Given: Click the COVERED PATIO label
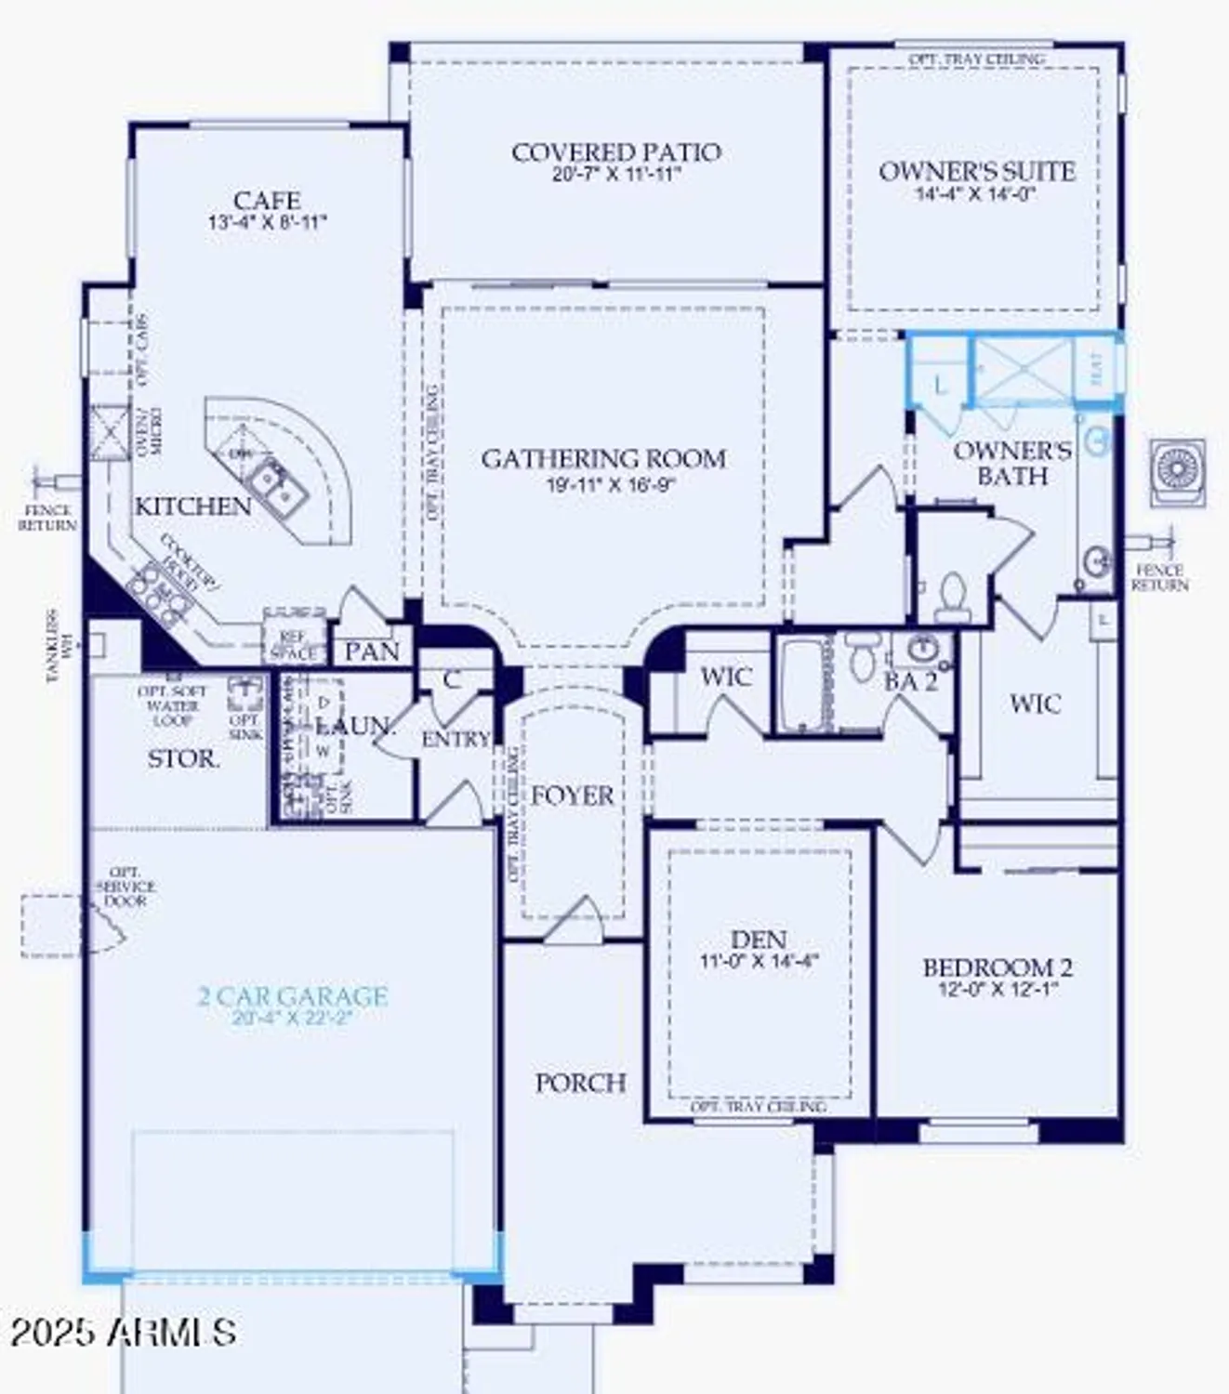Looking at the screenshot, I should pos(615,152).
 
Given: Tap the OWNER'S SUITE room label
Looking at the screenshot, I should pos(976,172).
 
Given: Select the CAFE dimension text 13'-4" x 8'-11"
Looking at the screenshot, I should pos(268,222).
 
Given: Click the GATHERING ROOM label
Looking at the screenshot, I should pos(603,459).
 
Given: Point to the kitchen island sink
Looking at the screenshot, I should pos(276,483).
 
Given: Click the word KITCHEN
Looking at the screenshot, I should pos(193,506).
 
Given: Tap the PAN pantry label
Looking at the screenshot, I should pos(372,651).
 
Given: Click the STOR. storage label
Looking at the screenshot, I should pos(184,759).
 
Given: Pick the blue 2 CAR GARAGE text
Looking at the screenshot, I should pos(293,996).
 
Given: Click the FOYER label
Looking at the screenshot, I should pos(572,796).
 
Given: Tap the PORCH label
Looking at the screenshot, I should pos(580,1083).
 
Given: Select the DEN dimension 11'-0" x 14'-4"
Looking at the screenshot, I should pos(759,962).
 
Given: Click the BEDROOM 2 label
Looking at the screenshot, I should pos(998,967).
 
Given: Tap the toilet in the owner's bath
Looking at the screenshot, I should pos(952,598).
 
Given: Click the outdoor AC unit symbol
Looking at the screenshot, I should pos(1177,470).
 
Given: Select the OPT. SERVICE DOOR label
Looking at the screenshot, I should pos(126,887).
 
